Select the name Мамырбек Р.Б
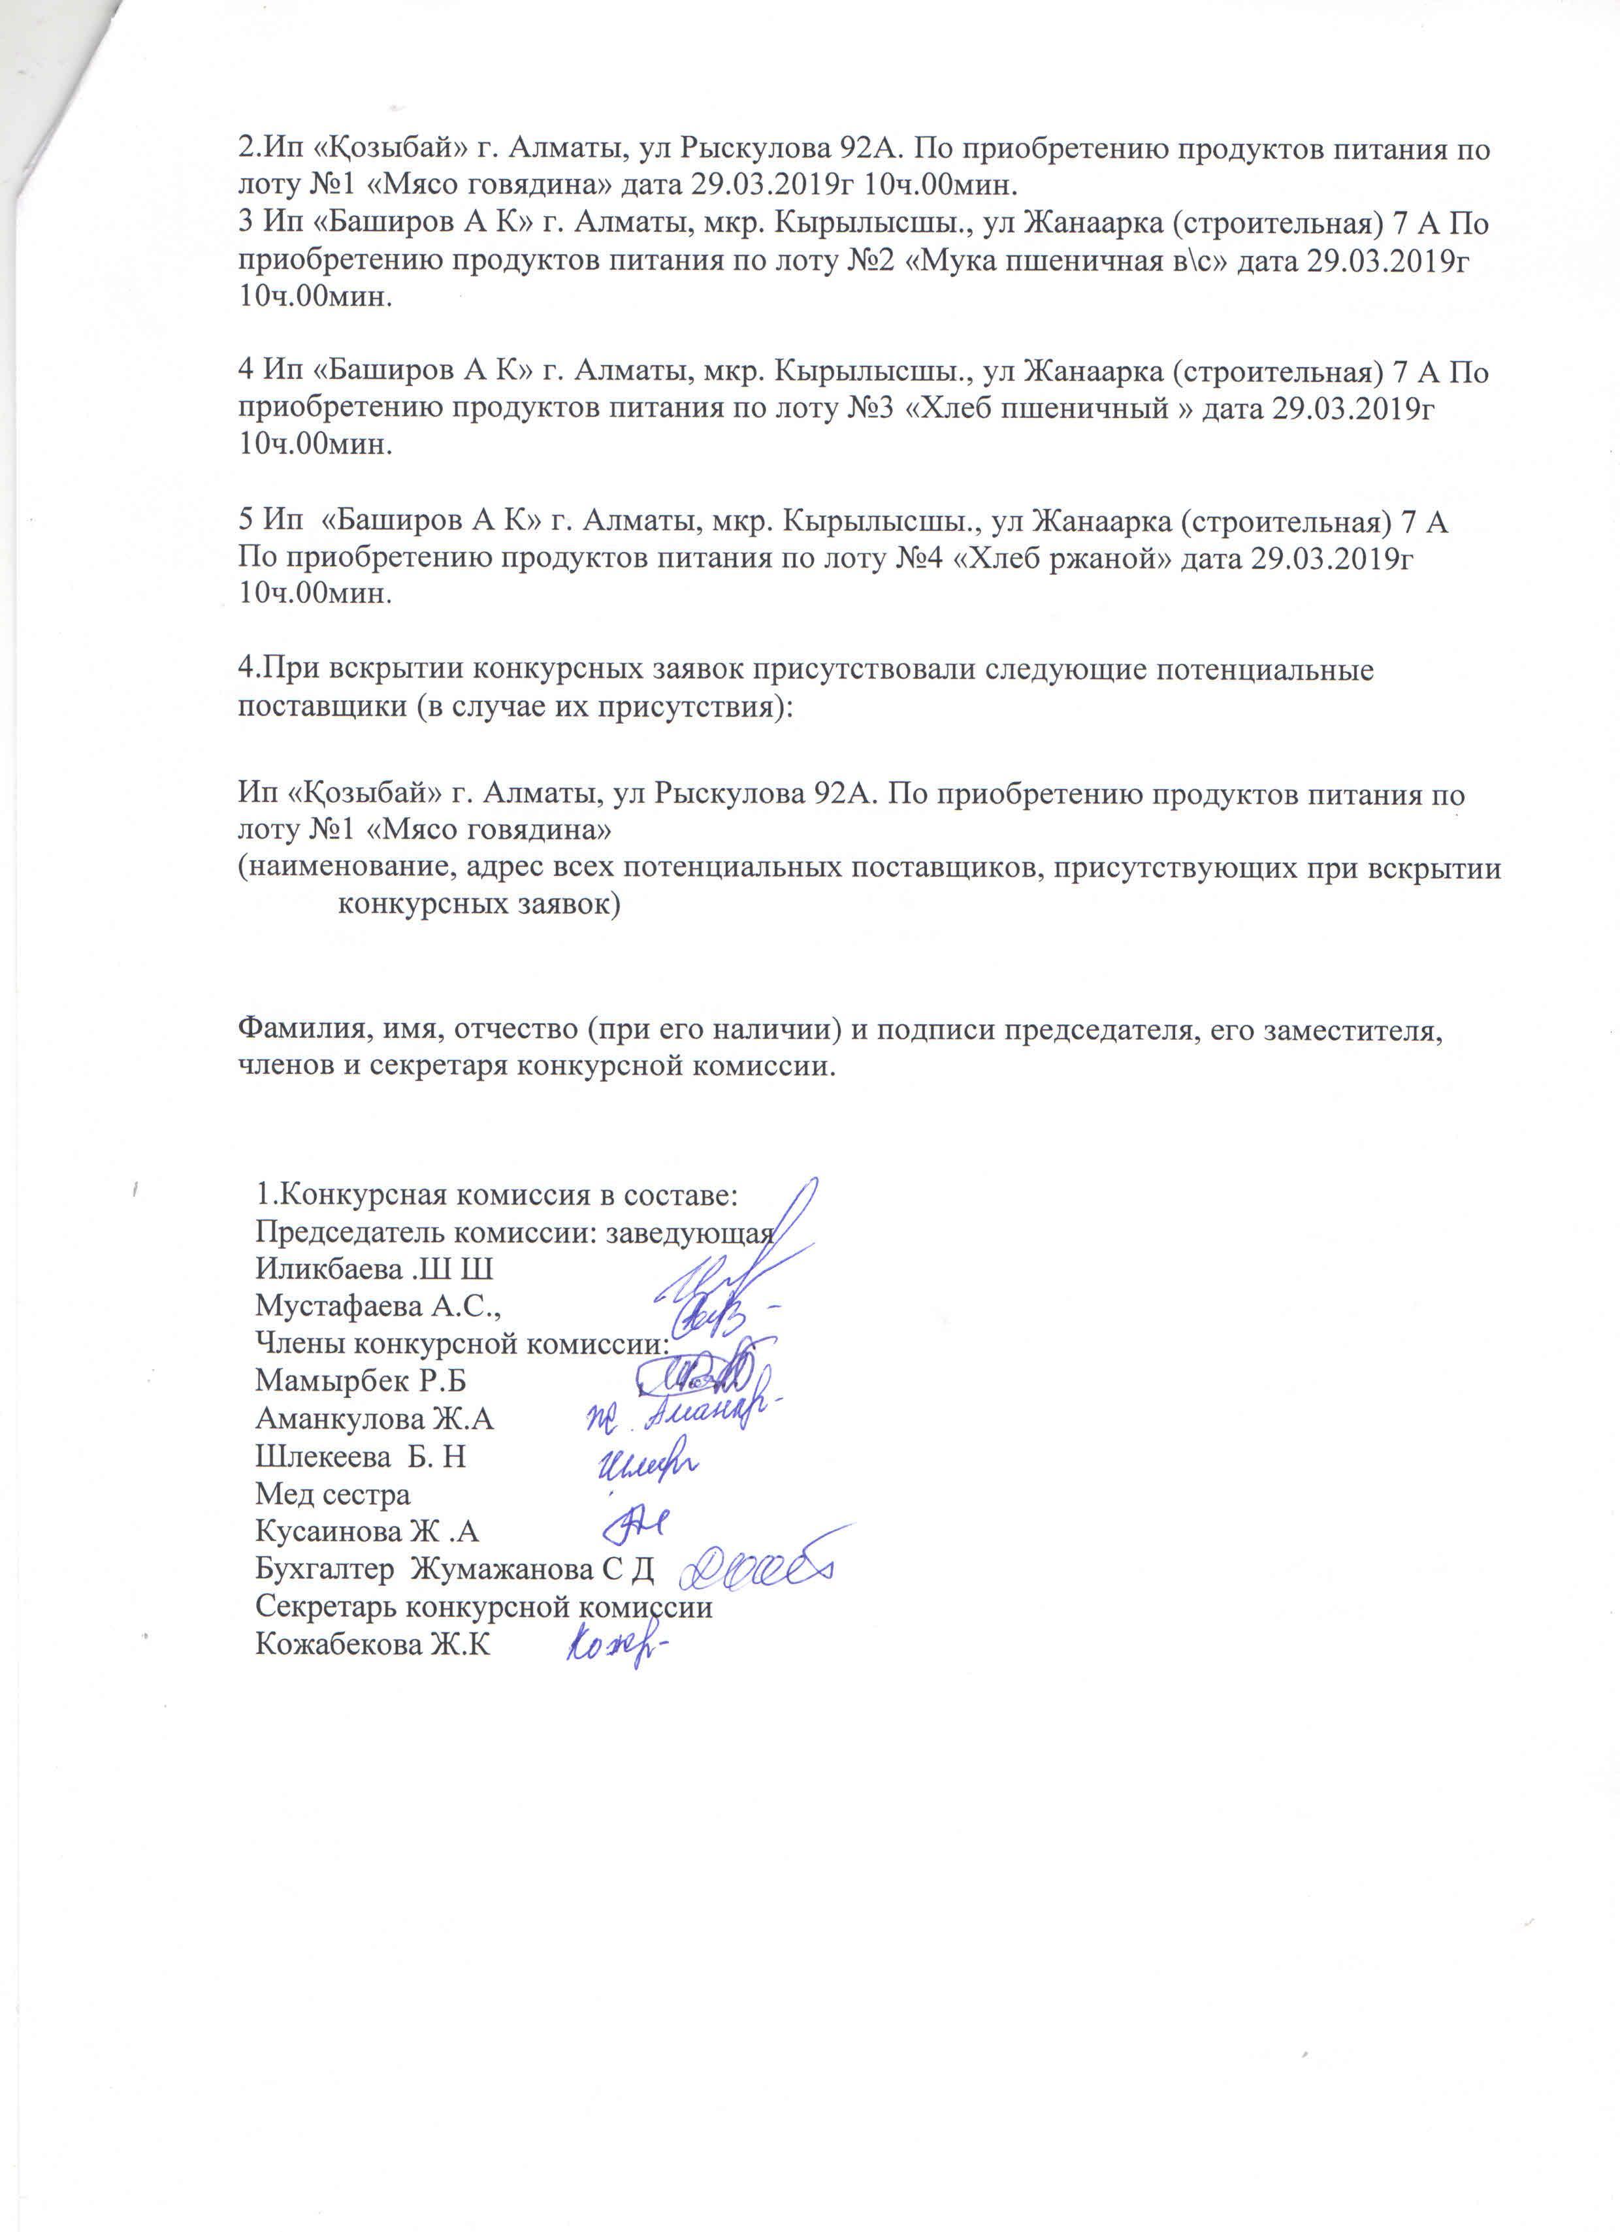point(360,1381)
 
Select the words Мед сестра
point(332,1494)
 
